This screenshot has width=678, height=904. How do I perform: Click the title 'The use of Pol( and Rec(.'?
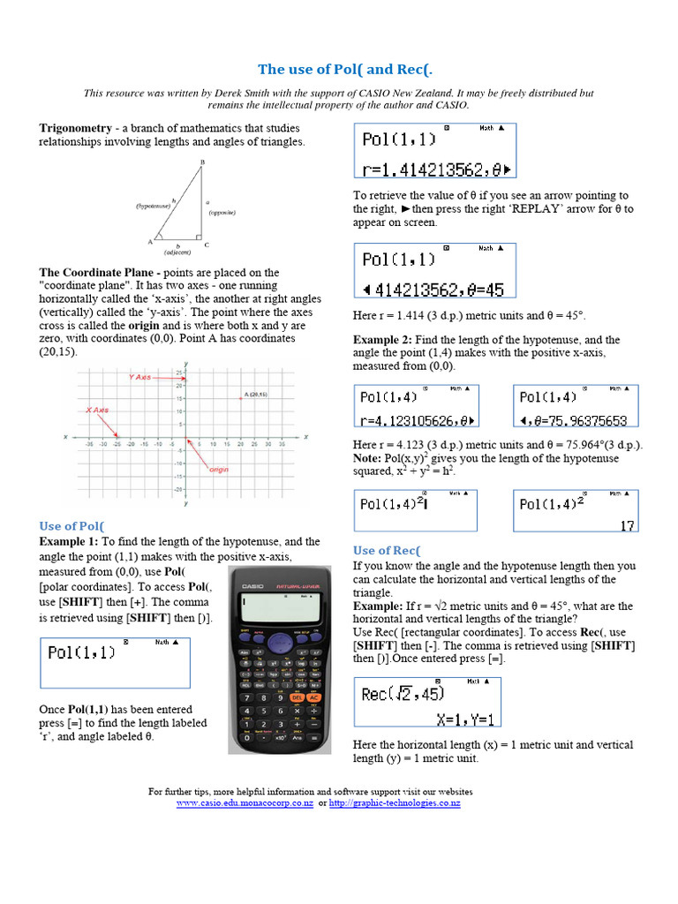(345, 70)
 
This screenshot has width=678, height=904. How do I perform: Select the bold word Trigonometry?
(75, 129)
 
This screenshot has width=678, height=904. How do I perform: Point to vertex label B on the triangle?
(202, 162)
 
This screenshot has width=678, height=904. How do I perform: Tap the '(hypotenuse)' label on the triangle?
(153, 206)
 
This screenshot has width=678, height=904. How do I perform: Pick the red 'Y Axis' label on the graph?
(141, 377)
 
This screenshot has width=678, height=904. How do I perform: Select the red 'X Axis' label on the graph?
(98, 410)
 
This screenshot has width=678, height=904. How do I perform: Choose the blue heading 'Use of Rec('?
(388, 550)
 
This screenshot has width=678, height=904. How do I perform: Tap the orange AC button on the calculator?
(313, 697)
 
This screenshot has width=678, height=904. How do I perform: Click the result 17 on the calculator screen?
(627, 526)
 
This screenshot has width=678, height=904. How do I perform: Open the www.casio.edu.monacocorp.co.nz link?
(245, 803)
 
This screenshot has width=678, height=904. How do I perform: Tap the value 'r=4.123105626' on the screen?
(409, 421)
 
